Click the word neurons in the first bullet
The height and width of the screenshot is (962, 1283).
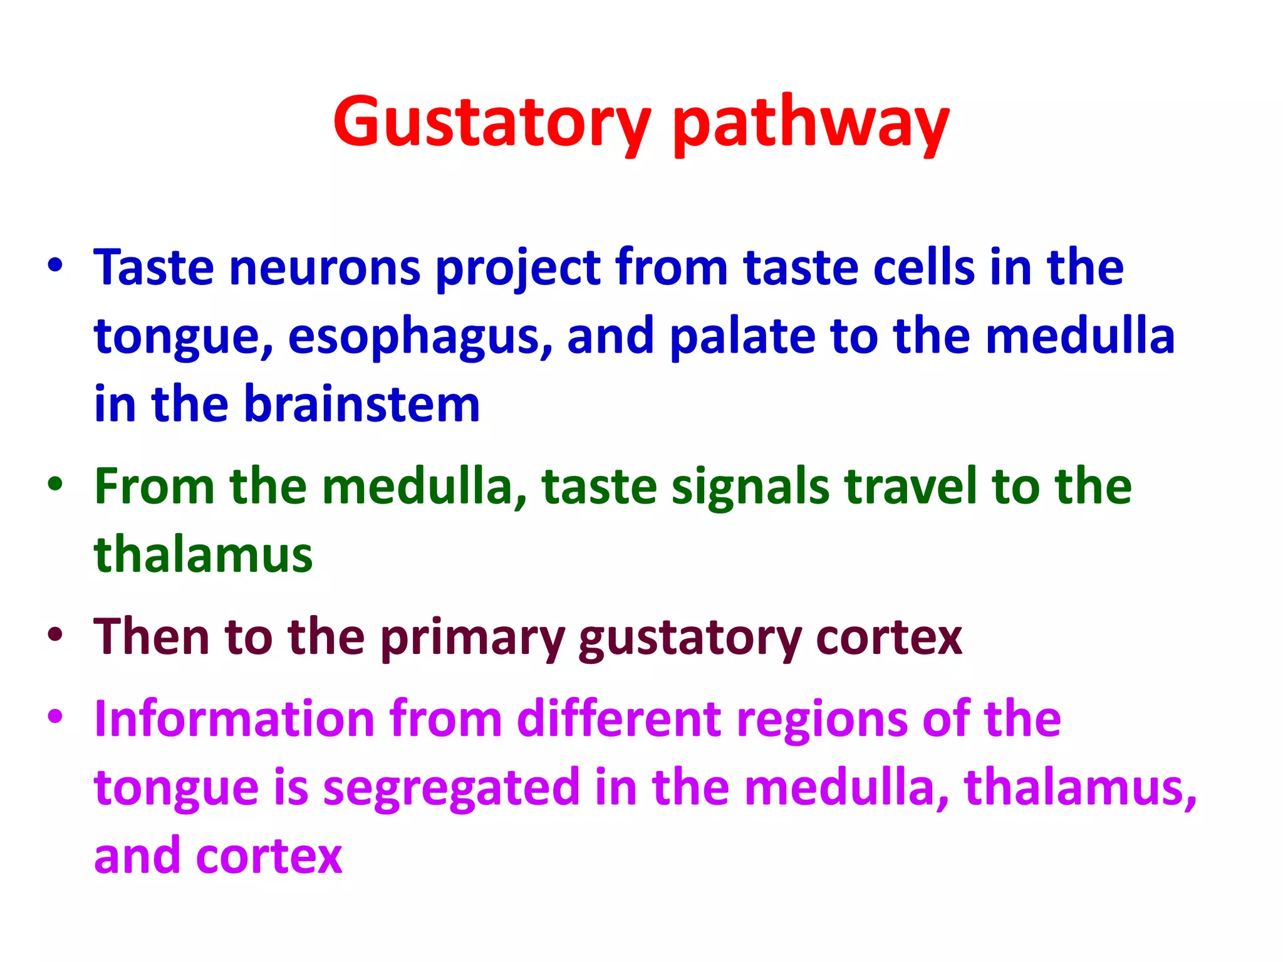click(325, 268)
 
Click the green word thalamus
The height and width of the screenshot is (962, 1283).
click(203, 555)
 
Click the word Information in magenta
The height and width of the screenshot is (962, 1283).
click(234, 719)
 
